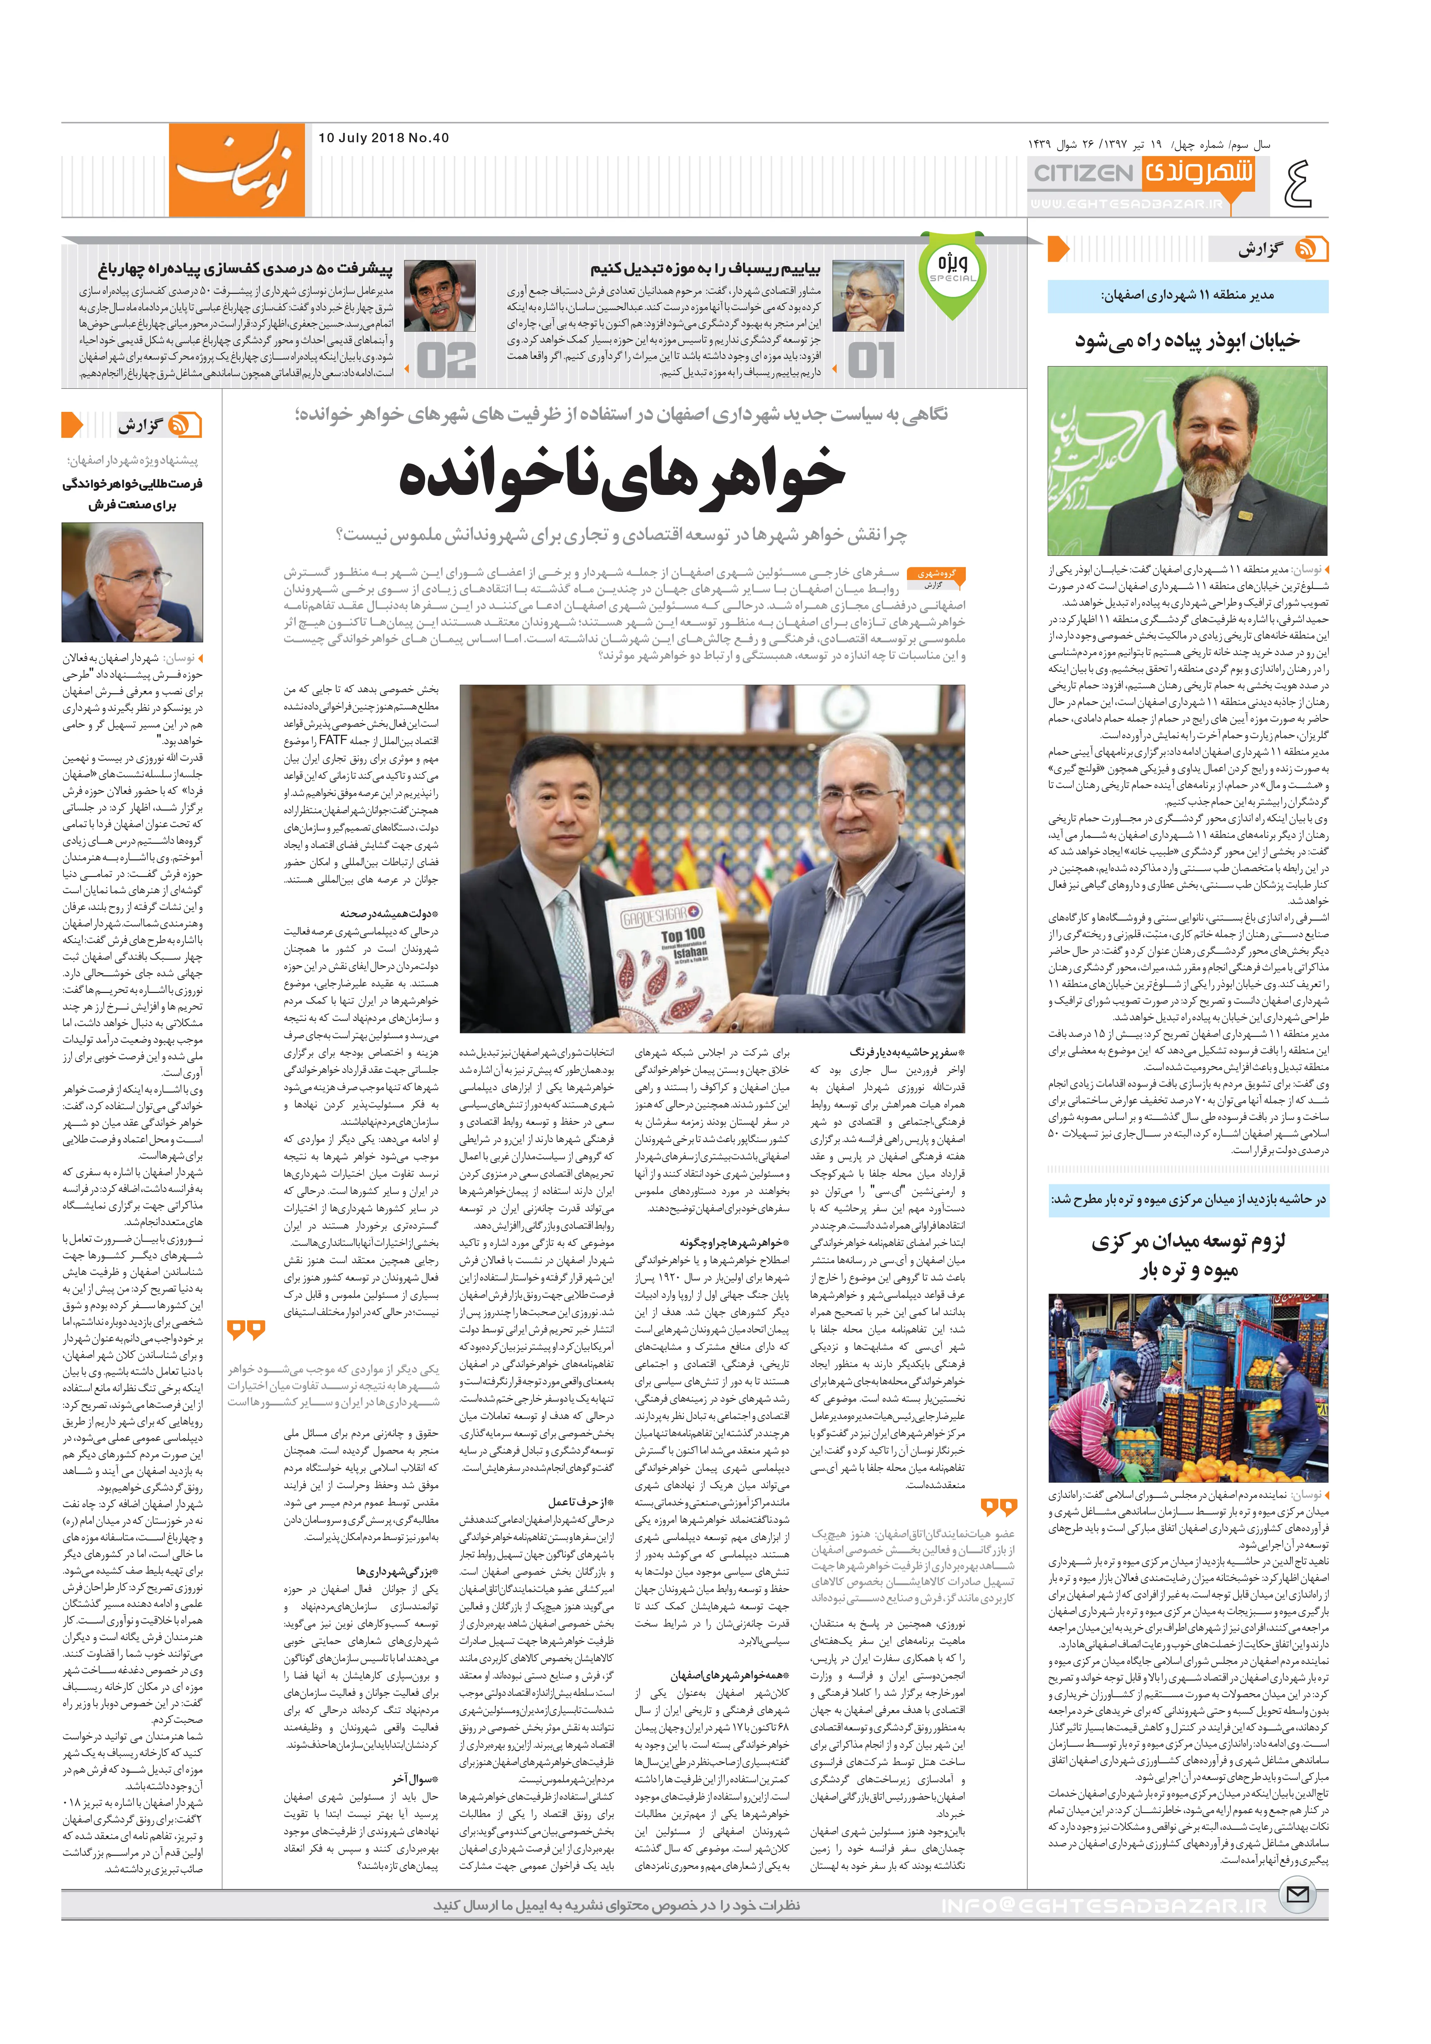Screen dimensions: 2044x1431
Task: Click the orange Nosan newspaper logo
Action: point(237,169)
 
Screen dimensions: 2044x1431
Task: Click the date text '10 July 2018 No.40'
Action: point(383,138)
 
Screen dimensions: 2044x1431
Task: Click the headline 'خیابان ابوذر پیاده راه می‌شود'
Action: point(1187,340)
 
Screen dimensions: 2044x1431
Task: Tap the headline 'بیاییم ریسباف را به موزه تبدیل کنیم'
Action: point(705,268)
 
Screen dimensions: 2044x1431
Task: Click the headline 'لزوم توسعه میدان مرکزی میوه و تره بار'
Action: point(1188,1255)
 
